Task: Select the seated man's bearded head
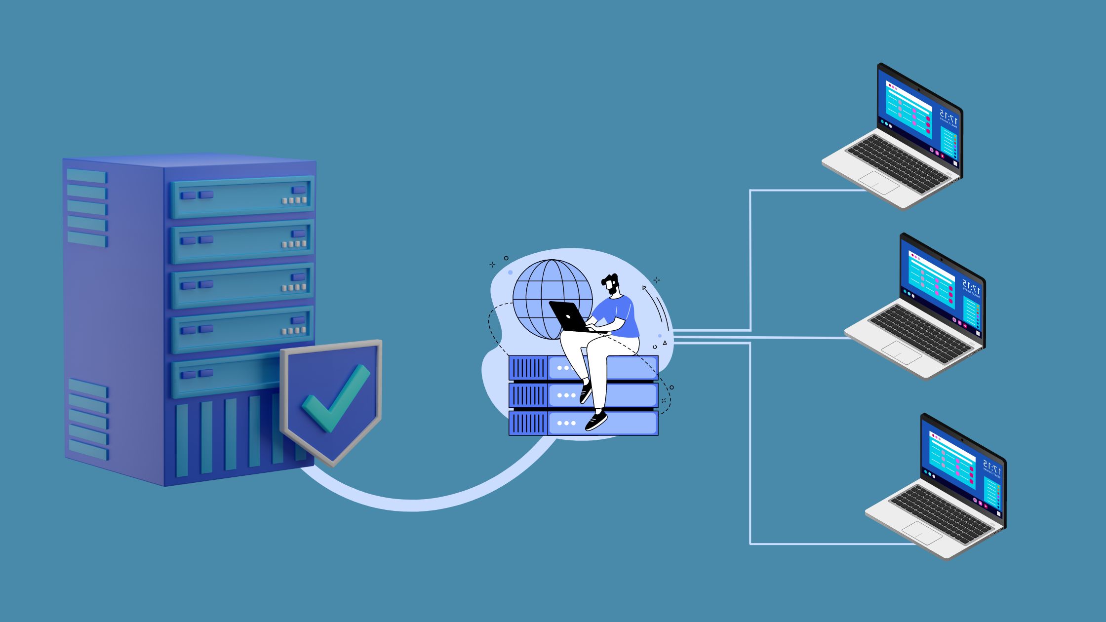(611, 285)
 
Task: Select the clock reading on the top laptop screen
(949, 118)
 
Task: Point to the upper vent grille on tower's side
(87, 207)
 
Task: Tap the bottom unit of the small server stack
(583, 423)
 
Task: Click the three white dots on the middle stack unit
(566, 395)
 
